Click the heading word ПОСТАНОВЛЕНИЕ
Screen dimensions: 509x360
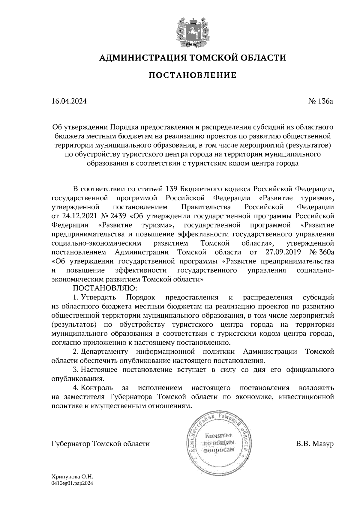pos(193,75)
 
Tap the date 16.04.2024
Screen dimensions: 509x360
pos(69,101)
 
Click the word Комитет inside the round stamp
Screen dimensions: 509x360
pos(218,435)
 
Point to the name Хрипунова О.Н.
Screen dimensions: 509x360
pos(73,476)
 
